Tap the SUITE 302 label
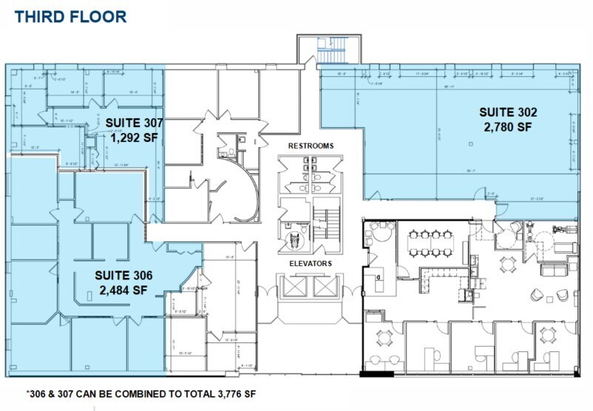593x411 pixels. [x=507, y=112]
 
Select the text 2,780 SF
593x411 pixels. [x=507, y=127]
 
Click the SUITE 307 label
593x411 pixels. [x=133, y=123]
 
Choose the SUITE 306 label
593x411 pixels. [x=123, y=275]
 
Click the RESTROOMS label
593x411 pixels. [x=311, y=146]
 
